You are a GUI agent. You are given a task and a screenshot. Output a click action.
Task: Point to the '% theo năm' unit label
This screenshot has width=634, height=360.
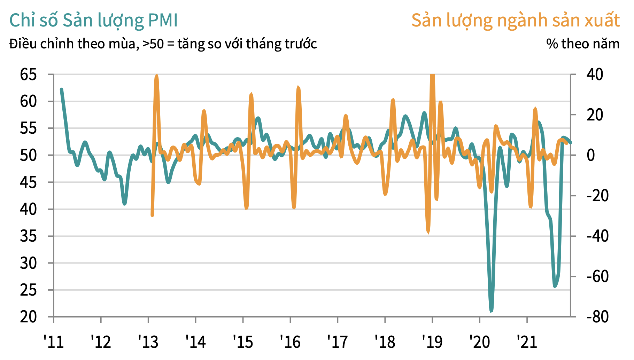(x=583, y=44)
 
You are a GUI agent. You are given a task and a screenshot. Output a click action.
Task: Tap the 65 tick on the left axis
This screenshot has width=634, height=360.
(x=28, y=75)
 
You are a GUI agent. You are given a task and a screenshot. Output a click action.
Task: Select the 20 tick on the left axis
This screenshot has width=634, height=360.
(x=28, y=317)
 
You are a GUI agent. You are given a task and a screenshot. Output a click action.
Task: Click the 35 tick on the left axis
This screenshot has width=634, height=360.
(x=28, y=236)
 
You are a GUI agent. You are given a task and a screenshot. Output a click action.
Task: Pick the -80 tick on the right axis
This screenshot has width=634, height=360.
(x=597, y=317)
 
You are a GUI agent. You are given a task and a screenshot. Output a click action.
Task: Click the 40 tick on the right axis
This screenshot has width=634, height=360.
(x=595, y=75)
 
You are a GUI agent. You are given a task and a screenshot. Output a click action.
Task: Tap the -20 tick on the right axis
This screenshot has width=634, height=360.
(x=597, y=196)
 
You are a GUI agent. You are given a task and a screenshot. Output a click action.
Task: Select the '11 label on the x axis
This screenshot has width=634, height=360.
(x=54, y=342)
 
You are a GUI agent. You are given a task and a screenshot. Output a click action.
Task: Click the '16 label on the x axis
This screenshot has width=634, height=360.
(x=290, y=342)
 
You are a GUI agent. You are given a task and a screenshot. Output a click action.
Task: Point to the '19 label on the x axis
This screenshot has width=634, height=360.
(x=432, y=342)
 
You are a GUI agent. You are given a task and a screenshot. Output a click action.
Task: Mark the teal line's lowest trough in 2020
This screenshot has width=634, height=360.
(x=491, y=310)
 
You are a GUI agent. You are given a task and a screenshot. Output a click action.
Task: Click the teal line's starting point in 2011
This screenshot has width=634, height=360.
(x=62, y=89)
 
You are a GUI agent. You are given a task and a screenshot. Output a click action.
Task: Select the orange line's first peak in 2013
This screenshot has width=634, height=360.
(x=156, y=76)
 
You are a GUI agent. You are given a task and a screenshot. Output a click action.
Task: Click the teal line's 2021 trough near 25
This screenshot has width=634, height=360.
(x=555, y=286)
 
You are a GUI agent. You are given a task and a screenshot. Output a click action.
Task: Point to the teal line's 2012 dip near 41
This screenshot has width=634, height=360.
(x=124, y=204)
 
